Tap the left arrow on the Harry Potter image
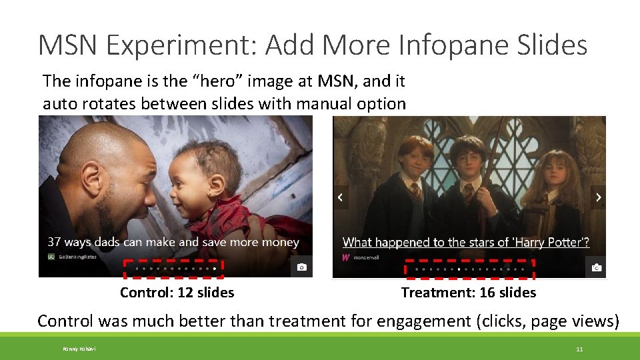point(341,197)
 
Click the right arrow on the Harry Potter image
point(598,197)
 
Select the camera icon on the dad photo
point(302,267)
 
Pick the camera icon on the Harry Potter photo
point(596,268)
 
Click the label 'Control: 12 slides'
point(177,293)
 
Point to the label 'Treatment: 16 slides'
point(468,293)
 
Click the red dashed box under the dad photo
point(173,268)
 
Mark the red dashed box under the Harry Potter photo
point(469,269)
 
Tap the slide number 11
point(579,349)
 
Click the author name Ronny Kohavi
point(79,349)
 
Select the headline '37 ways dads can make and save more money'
point(173,242)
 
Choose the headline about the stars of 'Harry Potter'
point(465,243)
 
